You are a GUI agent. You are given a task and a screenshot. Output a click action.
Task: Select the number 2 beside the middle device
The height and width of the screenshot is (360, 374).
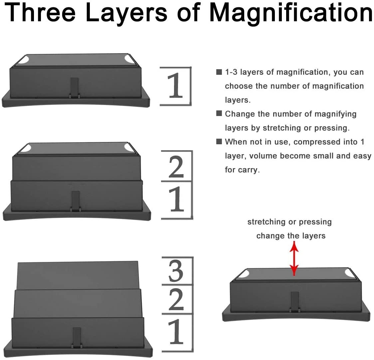point(176,167)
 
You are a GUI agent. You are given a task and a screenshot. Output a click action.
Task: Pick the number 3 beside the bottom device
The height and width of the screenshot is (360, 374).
point(176,271)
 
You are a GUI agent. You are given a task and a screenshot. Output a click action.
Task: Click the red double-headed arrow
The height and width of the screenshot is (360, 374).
point(294,259)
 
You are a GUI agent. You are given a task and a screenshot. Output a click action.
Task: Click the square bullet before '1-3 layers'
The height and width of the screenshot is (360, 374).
point(219,72)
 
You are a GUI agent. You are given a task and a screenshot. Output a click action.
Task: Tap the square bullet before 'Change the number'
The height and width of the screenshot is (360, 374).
point(219,113)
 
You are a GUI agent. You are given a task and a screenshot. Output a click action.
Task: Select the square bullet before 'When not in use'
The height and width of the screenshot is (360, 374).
point(219,142)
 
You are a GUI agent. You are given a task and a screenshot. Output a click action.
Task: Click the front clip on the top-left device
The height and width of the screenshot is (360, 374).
point(75,88)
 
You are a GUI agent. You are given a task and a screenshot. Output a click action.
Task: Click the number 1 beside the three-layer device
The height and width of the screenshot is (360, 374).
point(176,332)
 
